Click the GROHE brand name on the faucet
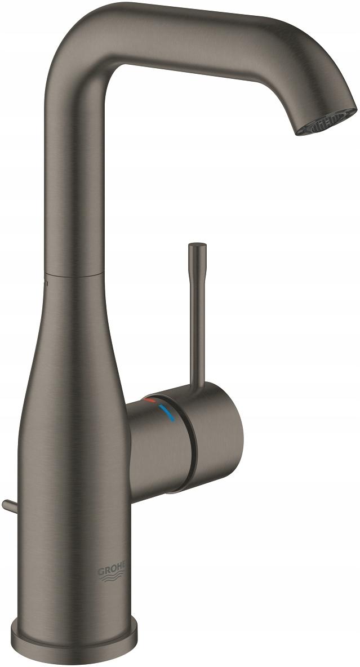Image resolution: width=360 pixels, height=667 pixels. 114,571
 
